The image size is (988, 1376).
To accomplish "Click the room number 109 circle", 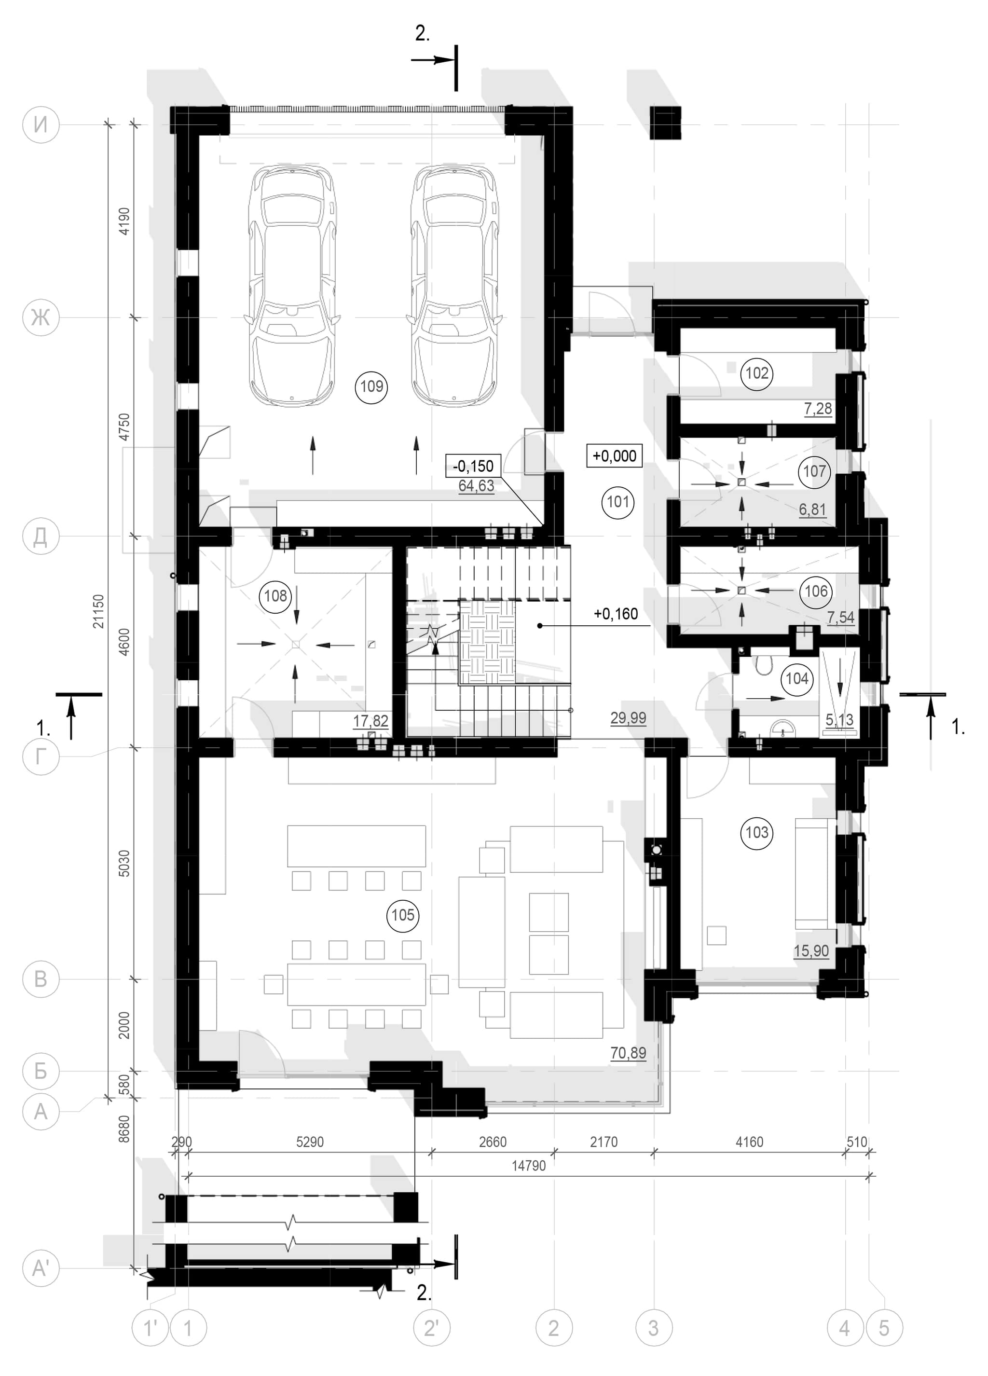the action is pyautogui.click(x=372, y=386).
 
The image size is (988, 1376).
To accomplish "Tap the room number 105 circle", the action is pyautogui.click(x=403, y=915).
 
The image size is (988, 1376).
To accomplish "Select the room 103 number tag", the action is pyautogui.click(x=756, y=832).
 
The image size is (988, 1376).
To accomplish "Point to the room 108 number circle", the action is pyautogui.click(x=275, y=595).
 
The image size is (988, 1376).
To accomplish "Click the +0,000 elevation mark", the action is pyautogui.click(x=615, y=455).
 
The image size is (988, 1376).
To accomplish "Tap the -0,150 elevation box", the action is pyautogui.click(x=474, y=466).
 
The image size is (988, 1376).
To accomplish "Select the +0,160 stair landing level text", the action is pyautogui.click(x=616, y=614).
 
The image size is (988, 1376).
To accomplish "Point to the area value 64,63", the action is pyautogui.click(x=476, y=486).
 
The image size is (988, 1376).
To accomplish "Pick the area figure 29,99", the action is pyautogui.click(x=628, y=718).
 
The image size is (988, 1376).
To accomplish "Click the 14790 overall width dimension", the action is pyautogui.click(x=528, y=1166).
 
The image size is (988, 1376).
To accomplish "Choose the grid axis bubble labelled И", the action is pyautogui.click(x=41, y=125).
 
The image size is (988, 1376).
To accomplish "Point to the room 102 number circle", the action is pyautogui.click(x=756, y=372).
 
